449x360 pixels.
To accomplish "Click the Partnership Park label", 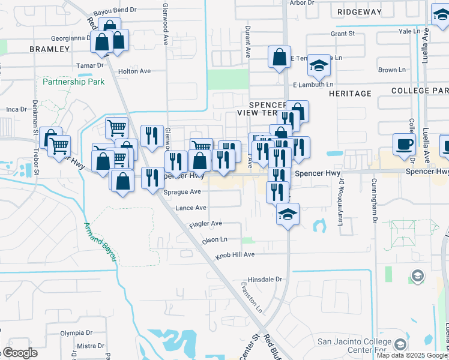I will pos(73,82).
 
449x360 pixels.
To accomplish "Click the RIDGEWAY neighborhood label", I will pos(359,11).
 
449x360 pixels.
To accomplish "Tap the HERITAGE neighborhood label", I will pos(350,94).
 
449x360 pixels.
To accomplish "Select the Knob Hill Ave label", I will pos(235,254).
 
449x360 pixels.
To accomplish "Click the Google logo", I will pos(20,353).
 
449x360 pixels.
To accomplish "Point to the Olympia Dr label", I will pos(76,332).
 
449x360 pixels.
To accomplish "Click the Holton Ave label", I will pos(134,71).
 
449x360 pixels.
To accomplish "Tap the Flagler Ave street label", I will pos(205,223).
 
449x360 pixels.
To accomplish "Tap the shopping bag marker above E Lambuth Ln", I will pos(280,58).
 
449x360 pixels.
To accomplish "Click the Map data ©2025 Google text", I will pos(411,355).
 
